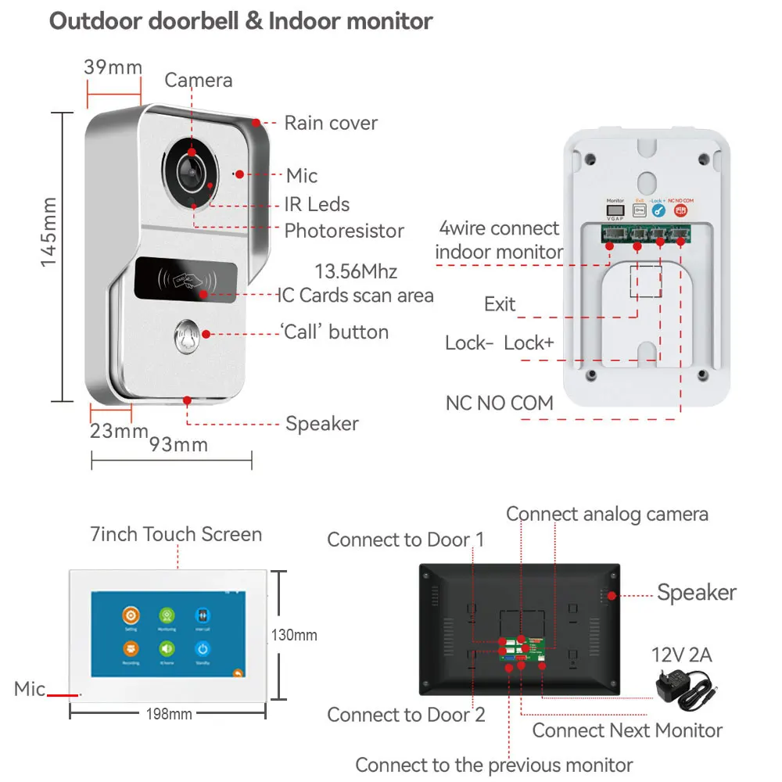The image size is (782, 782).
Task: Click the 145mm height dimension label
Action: click(49, 231)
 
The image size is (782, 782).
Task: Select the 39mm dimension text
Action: click(113, 67)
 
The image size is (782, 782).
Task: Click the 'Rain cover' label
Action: click(330, 123)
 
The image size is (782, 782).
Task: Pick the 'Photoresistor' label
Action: click(344, 231)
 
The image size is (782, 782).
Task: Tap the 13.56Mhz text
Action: click(356, 272)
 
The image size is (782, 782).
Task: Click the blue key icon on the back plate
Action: click(658, 210)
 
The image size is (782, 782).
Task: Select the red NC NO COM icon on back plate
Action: click(680, 210)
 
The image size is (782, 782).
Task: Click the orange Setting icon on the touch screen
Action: click(131, 615)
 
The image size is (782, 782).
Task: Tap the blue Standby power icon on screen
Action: click(202, 648)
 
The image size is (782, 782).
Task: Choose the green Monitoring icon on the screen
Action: click(167, 615)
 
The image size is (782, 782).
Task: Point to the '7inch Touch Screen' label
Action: click(176, 535)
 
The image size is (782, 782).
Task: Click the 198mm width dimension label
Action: click(169, 714)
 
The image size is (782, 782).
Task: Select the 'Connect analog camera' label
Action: click(607, 514)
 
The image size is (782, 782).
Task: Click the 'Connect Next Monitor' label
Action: click(627, 730)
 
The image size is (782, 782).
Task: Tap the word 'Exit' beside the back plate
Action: click(500, 303)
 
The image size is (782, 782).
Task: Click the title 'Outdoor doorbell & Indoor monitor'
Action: click(241, 21)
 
